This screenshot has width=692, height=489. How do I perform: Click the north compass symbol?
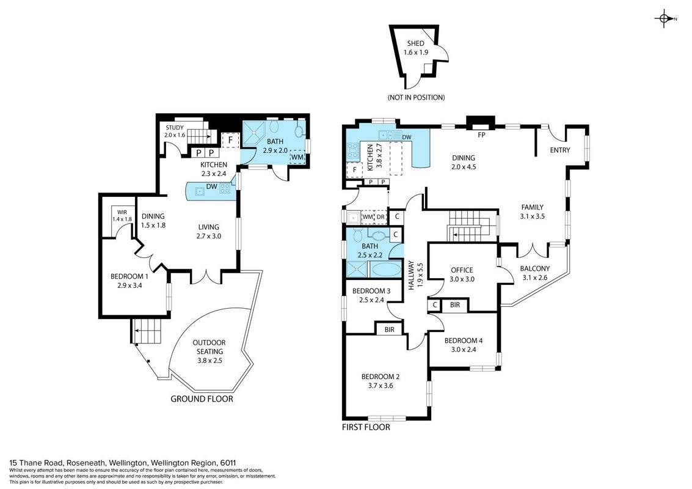tap(664, 18)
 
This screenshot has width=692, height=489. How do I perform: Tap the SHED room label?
tap(416, 43)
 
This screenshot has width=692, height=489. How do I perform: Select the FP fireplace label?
tap(481, 134)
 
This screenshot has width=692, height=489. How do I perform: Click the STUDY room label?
tap(175, 128)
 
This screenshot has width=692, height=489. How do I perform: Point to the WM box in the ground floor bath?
tap(297, 157)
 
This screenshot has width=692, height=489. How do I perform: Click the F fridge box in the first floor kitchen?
tap(354, 170)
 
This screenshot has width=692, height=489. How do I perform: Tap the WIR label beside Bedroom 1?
tap(122, 213)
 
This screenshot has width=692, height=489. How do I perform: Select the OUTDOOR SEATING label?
tap(209, 347)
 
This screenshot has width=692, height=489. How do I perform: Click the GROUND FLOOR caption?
tap(202, 399)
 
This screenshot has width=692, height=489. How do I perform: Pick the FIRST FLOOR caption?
tap(366, 427)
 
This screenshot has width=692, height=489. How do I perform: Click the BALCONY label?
tap(535, 268)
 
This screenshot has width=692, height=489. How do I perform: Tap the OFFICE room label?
tap(462, 270)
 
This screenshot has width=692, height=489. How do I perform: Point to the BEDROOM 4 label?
tap(464, 340)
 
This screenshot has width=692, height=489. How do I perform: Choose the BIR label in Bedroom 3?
tap(389, 329)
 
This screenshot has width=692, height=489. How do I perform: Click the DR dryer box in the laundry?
tap(381, 216)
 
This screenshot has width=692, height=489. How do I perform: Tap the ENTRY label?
tap(560, 150)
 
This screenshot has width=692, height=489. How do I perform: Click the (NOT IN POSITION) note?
tap(416, 97)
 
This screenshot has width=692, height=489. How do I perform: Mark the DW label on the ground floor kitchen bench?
tap(212, 186)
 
